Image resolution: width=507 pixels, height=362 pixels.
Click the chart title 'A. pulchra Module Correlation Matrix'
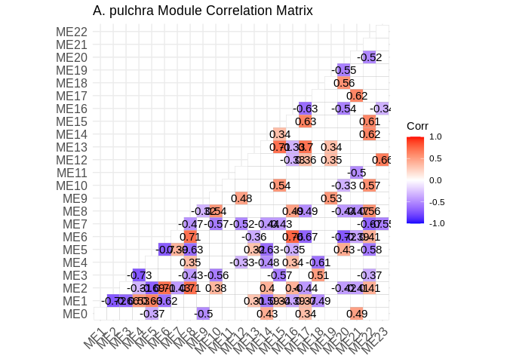202,11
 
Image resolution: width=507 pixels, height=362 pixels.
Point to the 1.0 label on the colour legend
435,137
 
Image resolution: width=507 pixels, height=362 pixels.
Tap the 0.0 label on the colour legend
435,180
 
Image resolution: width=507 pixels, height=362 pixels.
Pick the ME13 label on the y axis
72,147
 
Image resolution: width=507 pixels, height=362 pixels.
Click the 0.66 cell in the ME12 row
382,160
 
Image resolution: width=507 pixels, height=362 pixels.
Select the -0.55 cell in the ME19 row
344,70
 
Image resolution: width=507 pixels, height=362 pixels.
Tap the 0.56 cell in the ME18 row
344,83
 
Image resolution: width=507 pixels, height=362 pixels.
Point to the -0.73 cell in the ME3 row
139,275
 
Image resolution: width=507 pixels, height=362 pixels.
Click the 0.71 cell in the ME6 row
189,237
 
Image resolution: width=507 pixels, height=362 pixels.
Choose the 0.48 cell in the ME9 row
241,198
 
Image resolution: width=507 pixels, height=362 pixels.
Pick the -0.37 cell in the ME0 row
152,314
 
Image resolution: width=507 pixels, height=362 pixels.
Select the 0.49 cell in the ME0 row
357,314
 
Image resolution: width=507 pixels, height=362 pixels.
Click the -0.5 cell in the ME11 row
357,173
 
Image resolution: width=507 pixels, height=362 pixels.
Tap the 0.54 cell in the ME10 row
280,186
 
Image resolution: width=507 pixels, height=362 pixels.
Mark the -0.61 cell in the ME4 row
318,262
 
